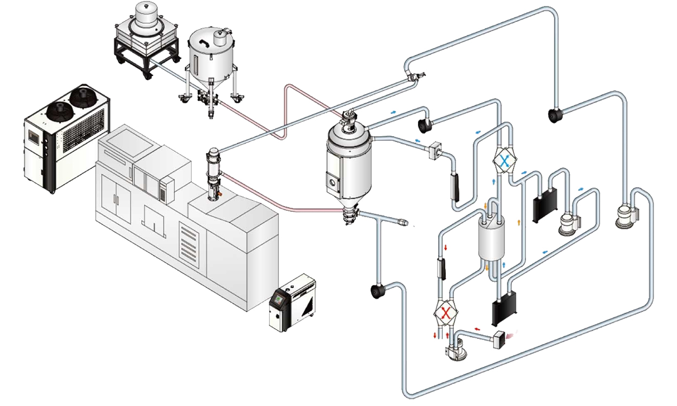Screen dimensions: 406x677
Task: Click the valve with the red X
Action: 446,312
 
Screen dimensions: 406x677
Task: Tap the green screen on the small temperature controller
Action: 279,297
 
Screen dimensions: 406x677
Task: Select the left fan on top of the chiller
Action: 57,109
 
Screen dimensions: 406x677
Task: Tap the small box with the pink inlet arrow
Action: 498,338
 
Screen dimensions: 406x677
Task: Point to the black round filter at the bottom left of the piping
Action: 378,291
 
